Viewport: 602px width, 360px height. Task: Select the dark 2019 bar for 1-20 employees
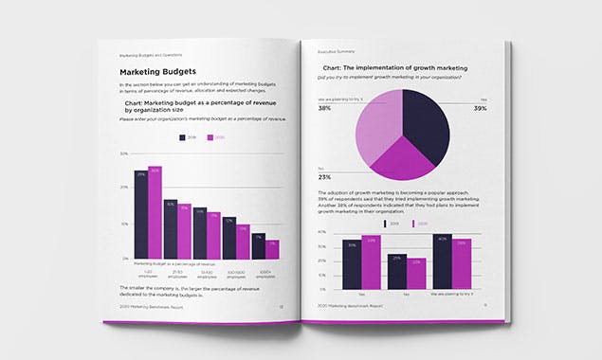(x=140, y=214)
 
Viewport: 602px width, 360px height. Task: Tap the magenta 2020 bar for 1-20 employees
(x=155, y=212)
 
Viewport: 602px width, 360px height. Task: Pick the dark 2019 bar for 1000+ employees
(x=258, y=246)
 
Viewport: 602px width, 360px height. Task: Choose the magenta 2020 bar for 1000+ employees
(x=272, y=248)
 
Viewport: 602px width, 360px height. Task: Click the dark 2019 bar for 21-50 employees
(x=170, y=228)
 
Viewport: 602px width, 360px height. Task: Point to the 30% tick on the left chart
(x=124, y=153)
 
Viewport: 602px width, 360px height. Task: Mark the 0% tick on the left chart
(x=124, y=259)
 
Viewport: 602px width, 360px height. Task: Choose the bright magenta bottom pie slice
(x=403, y=161)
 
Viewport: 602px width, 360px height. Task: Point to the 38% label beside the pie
(x=324, y=109)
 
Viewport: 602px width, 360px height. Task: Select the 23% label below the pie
(x=324, y=177)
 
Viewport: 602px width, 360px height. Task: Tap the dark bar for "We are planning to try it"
(x=443, y=262)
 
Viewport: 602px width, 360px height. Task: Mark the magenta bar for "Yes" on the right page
(x=369, y=262)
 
